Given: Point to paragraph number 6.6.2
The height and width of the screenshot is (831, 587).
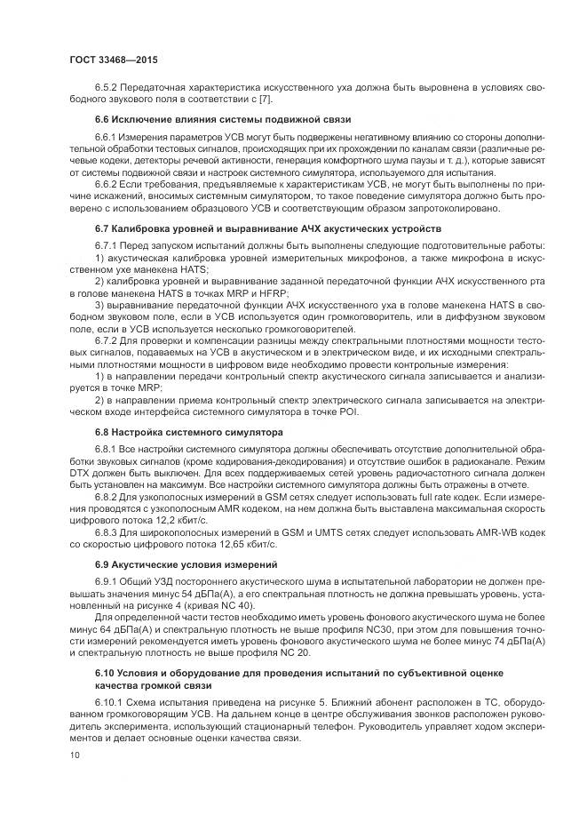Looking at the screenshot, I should click(x=107, y=182).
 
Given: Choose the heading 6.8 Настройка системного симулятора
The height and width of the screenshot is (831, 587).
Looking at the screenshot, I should click(x=188, y=431).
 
